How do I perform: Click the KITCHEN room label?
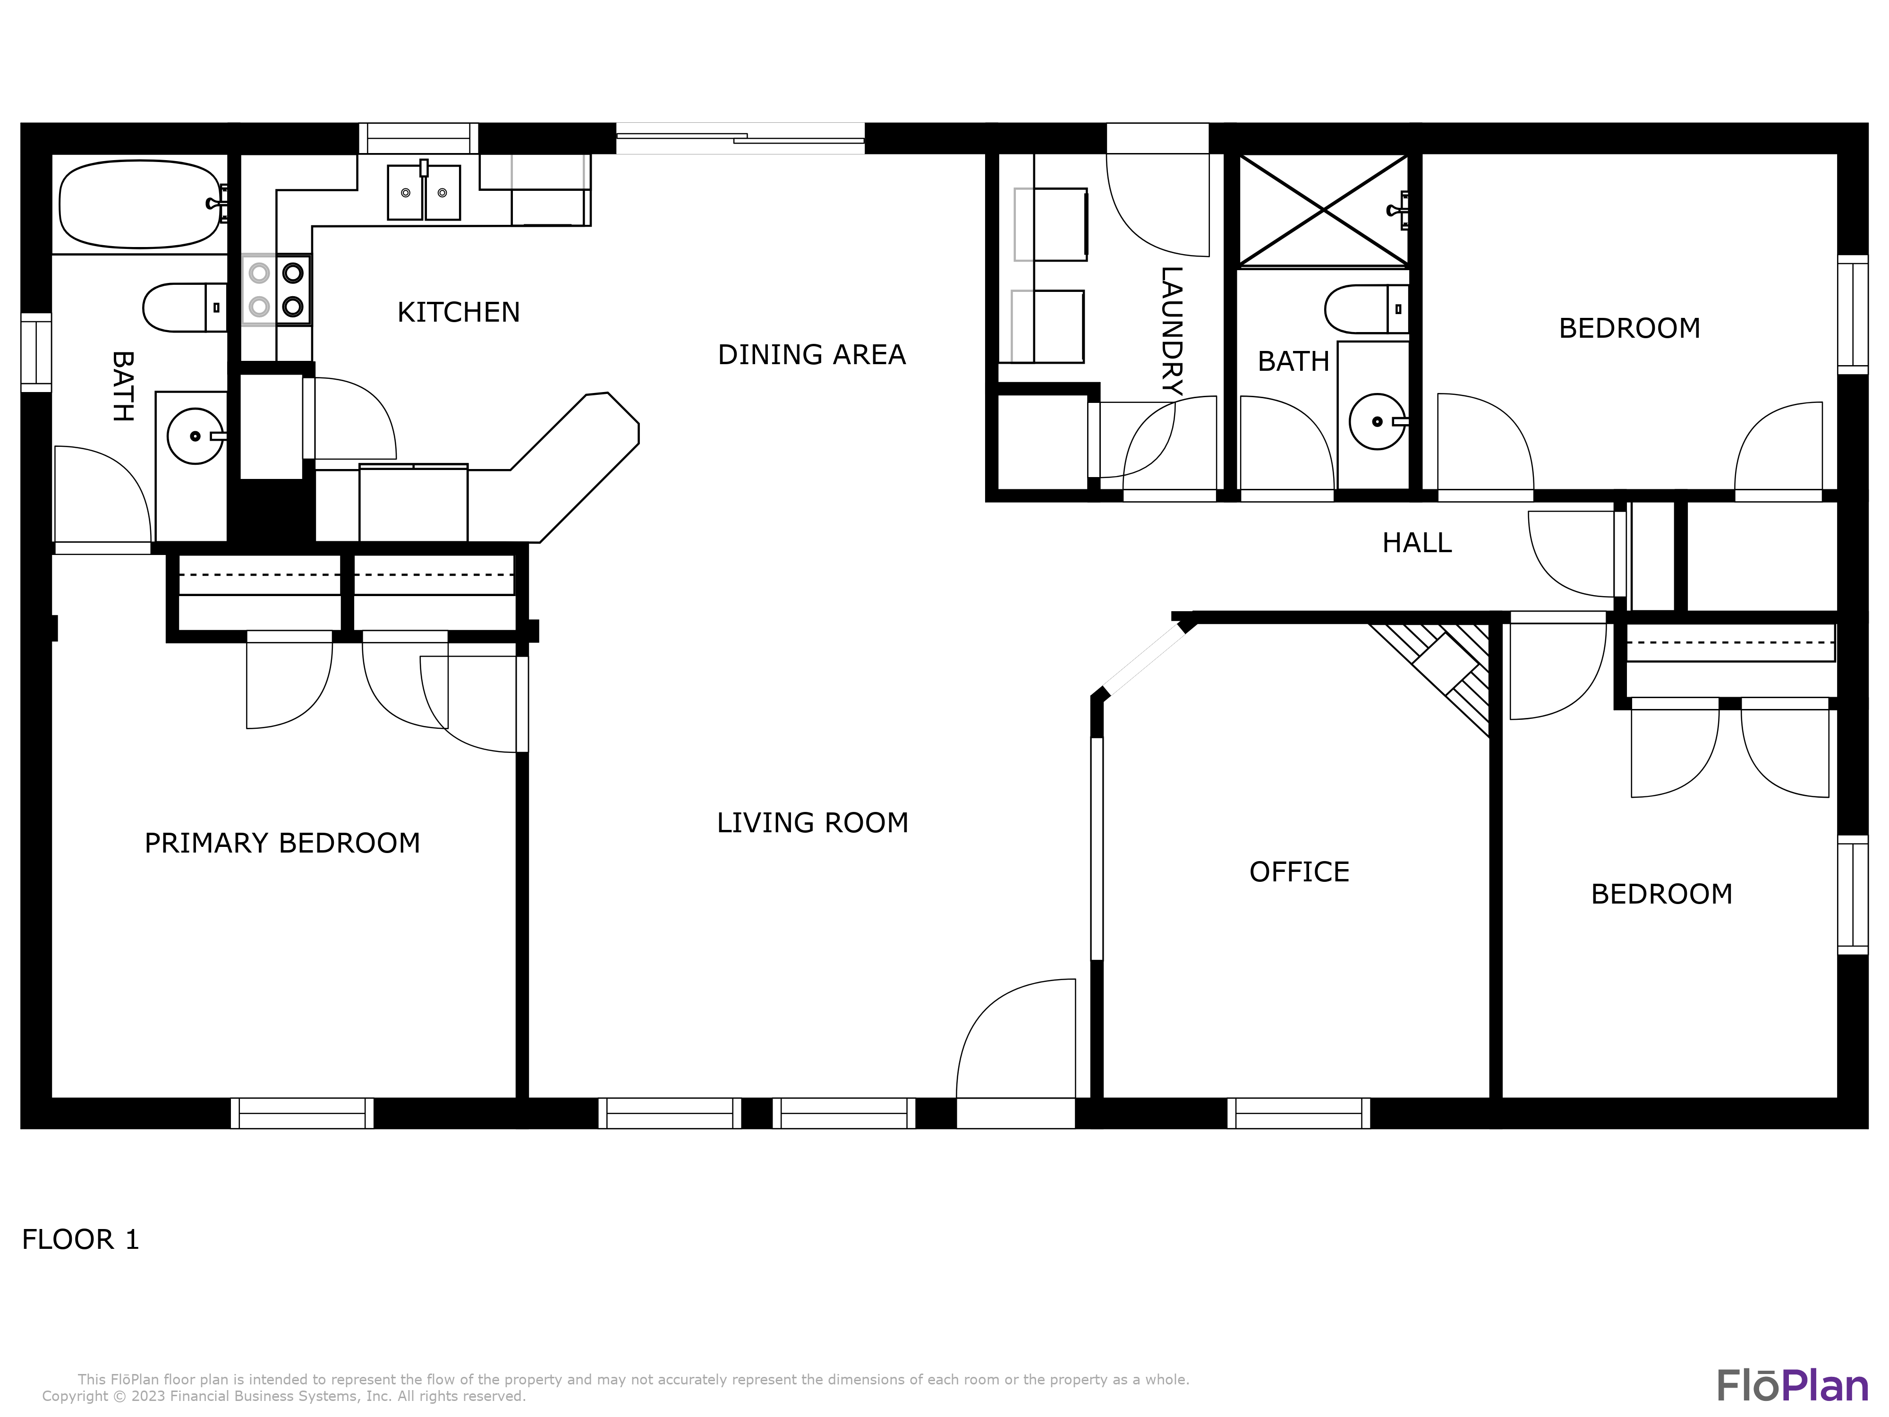[459, 313]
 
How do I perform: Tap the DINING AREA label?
[811, 354]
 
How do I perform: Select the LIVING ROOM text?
[812, 822]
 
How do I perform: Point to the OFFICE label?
[1299, 872]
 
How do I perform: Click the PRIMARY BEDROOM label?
[282, 843]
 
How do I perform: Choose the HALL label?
[1417, 543]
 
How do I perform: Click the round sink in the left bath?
[195, 436]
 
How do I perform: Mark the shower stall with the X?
[1323, 210]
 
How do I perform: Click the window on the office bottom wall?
[1298, 1113]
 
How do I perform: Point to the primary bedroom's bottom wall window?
[302, 1113]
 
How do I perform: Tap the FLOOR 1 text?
[80, 1239]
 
